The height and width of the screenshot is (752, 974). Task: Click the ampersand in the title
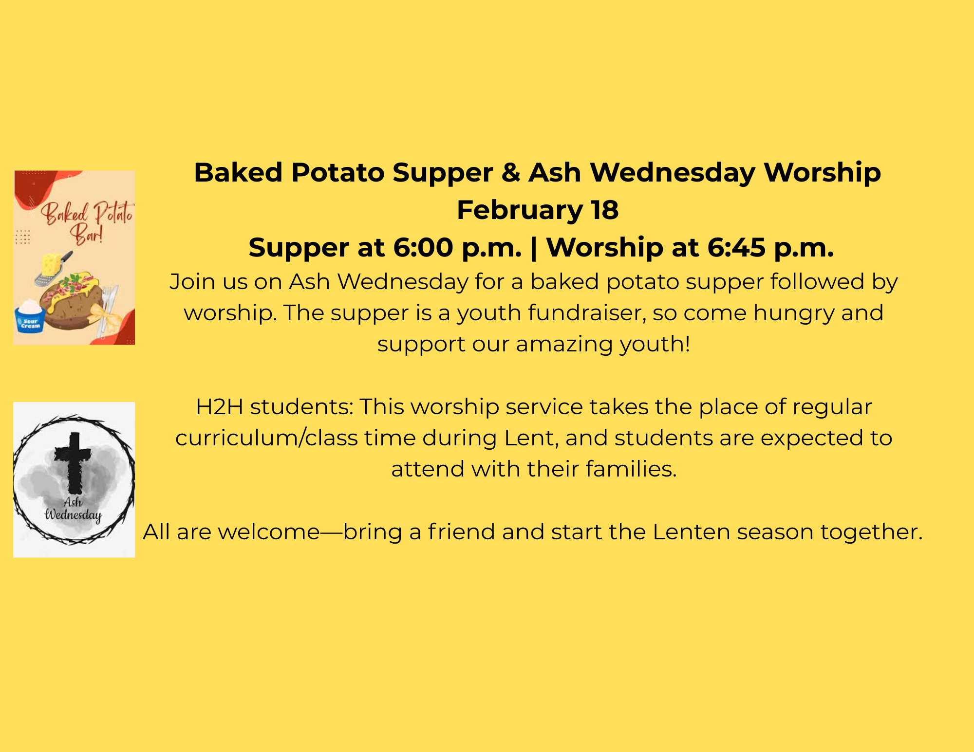tap(510, 173)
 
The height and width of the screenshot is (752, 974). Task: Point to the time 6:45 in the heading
tap(736, 248)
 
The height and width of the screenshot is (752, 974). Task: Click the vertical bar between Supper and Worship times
tap(534, 249)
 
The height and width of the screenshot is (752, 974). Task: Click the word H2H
tap(219, 407)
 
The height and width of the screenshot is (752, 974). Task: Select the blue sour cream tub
tap(30, 316)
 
